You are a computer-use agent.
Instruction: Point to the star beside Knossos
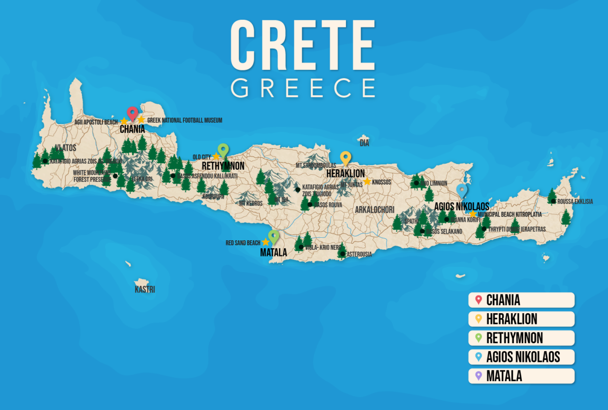click(x=367, y=181)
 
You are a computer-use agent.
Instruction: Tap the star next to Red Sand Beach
click(x=265, y=243)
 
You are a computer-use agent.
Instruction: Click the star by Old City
click(x=216, y=156)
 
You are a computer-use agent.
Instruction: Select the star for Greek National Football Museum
click(x=141, y=120)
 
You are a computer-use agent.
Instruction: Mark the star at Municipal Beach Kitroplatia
click(x=473, y=214)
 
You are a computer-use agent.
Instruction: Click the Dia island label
click(x=364, y=143)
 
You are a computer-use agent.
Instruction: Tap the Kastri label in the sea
click(x=144, y=290)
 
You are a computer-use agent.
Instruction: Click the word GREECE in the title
click(x=303, y=87)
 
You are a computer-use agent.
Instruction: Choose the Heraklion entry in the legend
click(x=521, y=319)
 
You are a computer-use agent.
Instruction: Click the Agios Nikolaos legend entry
click(x=521, y=357)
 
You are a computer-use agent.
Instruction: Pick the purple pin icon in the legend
click(x=478, y=376)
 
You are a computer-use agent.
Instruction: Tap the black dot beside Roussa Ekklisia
click(x=553, y=201)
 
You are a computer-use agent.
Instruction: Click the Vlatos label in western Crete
click(x=66, y=147)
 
